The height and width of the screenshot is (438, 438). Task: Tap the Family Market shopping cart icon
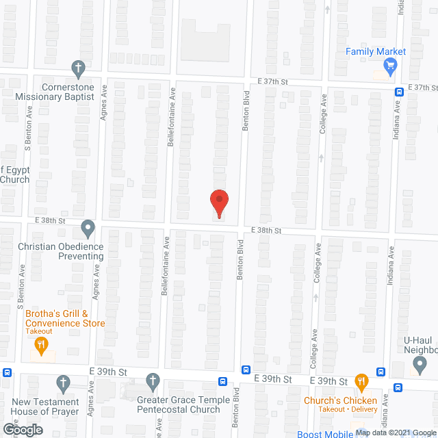click(391, 66)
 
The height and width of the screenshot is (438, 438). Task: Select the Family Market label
click(376, 51)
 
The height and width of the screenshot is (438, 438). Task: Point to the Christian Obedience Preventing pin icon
click(88, 227)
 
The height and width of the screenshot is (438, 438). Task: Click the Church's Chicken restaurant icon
click(361, 381)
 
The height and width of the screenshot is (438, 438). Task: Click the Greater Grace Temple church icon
click(153, 381)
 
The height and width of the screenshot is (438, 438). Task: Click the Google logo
click(22, 429)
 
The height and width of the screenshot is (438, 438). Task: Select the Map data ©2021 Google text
click(395, 432)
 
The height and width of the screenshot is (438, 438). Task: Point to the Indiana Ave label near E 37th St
click(396, 120)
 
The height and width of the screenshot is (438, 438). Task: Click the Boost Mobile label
click(324, 434)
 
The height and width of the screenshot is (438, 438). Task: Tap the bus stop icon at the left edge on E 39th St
click(6, 373)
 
